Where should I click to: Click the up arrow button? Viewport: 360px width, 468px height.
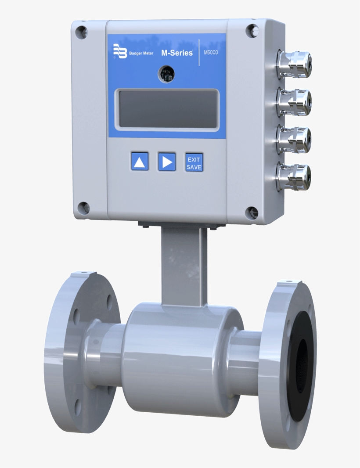click(139, 161)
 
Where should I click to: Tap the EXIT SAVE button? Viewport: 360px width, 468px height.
click(194, 162)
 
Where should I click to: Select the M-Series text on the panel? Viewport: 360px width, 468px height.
click(177, 53)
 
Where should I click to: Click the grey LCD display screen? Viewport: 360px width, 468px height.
click(167, 109)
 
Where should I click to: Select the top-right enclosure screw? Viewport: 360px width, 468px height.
click(252, 30)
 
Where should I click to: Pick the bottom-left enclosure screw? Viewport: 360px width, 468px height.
click(83, 208)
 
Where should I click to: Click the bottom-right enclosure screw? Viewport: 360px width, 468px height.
click(252, 212)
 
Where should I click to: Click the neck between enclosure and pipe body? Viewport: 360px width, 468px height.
click(184, 266)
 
